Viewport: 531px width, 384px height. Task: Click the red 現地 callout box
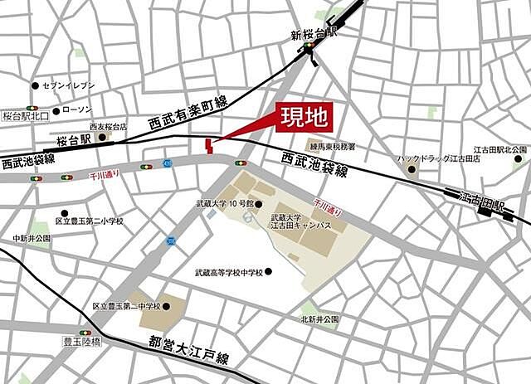click(304, 117)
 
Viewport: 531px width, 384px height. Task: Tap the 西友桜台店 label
click(108, 127)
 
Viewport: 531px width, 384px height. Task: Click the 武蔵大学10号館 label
click(222, 204)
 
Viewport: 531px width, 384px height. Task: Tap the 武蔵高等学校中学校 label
click(228, 272)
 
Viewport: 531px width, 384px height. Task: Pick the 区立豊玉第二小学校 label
click(89, 221)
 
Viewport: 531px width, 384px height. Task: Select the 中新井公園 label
click(32, 238)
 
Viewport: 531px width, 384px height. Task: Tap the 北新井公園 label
click(320, 318)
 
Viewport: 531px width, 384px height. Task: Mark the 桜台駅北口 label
click(26, 117)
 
